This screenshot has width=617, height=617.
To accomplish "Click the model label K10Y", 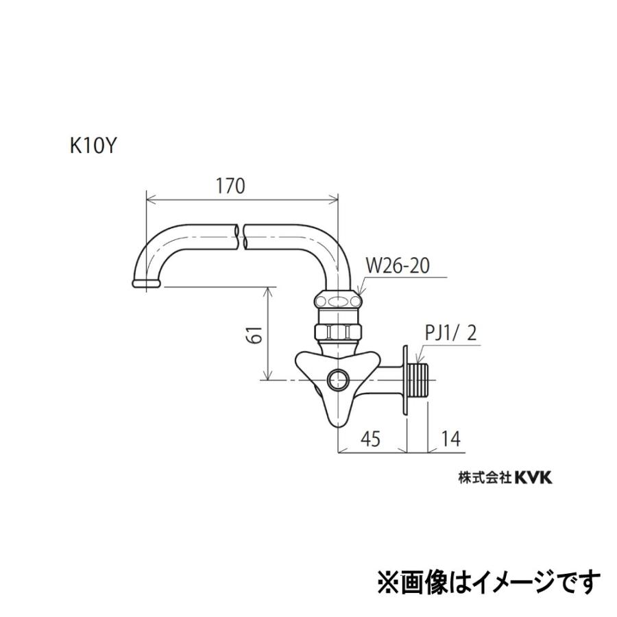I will point(90,146).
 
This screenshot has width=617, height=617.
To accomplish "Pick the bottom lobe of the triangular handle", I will point(338,413).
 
